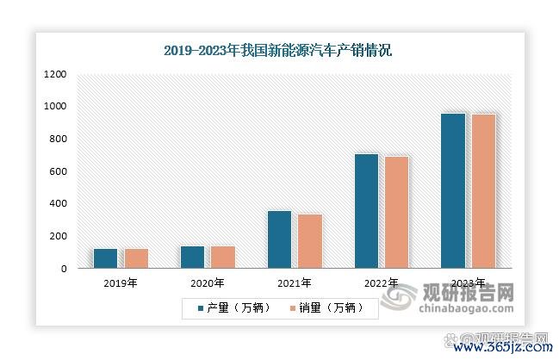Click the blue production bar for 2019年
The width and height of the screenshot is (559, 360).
click(x=106, y=258)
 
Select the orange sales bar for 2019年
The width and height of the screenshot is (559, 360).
click(x=136, y=258)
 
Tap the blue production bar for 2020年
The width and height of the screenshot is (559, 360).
click(x=193, y=257)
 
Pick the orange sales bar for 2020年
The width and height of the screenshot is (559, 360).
click(x=222, y=257)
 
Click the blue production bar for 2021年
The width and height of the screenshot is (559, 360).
click(x=280, y=239)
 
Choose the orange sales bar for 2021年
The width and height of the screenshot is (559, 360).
click(x=309, y=241)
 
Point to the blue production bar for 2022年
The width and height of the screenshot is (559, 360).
click(x=367, y=211)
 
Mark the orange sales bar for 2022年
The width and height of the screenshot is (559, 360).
click(x=396, y=212)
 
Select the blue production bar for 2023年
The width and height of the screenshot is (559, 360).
click(x=453, y=190)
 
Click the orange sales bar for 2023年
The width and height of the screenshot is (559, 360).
click(x=483, y=191)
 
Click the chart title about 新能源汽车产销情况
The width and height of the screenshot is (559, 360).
click(x=277, y=51)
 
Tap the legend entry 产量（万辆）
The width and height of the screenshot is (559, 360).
click(x=233, y=307)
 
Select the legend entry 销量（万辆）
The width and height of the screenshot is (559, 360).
click(x=326, y=307)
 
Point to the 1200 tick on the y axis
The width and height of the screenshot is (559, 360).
click(x=54, y=75)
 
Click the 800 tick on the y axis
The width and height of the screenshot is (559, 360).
click(x=57, y=139)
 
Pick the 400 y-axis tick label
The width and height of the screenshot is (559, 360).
click(x=57, y=203)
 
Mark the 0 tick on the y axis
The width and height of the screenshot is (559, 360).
click(x=63, y=269)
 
